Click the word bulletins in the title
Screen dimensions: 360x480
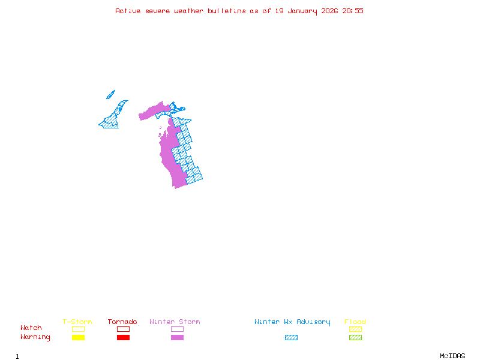tap(227, 11)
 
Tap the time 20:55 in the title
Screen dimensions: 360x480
tap(353, 11)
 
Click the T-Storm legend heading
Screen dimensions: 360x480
tap(77, 322)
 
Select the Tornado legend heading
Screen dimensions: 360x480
tap(122, 322)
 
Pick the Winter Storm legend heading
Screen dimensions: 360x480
tap(175, 322)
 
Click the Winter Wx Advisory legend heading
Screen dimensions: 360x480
tap(292, 322)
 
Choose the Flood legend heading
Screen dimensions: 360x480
tap(355, 322)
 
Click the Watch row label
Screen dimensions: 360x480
tap(31, 328)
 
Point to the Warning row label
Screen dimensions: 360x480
tap(35, 337)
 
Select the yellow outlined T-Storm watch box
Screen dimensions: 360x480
tap(78, 329)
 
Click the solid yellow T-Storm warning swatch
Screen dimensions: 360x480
tap(78, 337)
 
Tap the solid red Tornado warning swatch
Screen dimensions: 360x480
tap(123, 337)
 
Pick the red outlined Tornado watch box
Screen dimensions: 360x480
tap(123, 329)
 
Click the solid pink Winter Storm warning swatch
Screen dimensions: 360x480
tap(177, 337)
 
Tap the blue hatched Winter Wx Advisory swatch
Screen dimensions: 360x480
tap(291, 337)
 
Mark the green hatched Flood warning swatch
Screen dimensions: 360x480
tap(355, 337)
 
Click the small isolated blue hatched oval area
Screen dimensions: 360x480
tap(110, 94)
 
